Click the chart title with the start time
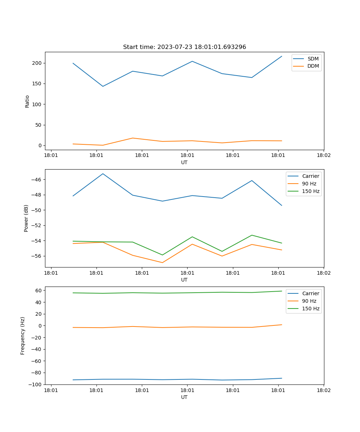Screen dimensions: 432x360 tap(184, 47)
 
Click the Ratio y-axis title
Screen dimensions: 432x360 tap(27, 101)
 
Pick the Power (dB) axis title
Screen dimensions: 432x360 tap(26, 219)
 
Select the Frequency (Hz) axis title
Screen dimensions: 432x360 tap(23, 336)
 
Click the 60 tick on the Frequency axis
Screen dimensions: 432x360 tap(39, 290)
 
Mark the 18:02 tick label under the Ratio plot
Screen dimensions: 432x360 tap(323, 156)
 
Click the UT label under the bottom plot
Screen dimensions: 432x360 tap(184, 397)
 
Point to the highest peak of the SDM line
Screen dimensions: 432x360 tap(282, 56)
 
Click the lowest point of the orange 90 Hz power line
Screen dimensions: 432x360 tap(162, 262)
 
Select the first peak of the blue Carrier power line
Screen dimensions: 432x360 tap(103, 174)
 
